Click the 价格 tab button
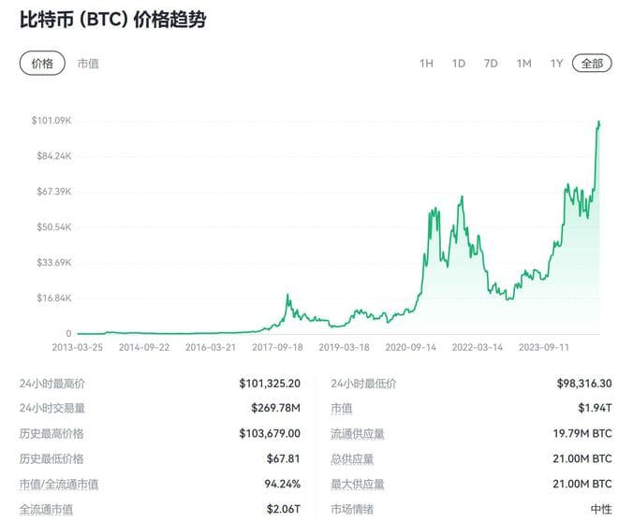pos(42,64)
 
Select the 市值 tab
pos(88,64)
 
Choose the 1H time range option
pos(426,64)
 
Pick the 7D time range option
pos(491,64)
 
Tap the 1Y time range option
pos(556,64)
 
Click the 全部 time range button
pos(592,64)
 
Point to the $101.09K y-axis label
pos(51,121)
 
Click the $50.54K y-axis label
pos(51,227)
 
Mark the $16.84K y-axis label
pos(51,298)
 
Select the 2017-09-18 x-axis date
pos(278,347)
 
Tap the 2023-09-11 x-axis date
pos(544,347)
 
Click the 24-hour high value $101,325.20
pos(269,384)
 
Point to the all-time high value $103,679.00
pos(269,434)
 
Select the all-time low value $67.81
pos(283,459)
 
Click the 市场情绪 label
pos(354,510)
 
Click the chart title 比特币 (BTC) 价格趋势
pos(112,20)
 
